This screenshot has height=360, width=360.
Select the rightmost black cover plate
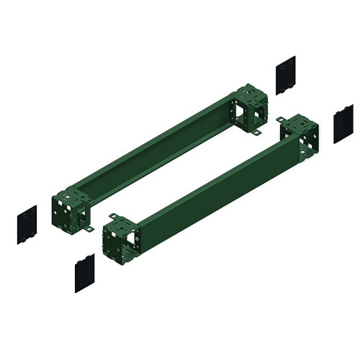[x=343, y=124]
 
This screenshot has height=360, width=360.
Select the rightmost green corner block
[x=297, y=137]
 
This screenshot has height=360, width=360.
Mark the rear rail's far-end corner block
[x=249, y=108]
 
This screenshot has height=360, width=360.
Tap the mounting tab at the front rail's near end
[x=113, y=215]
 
